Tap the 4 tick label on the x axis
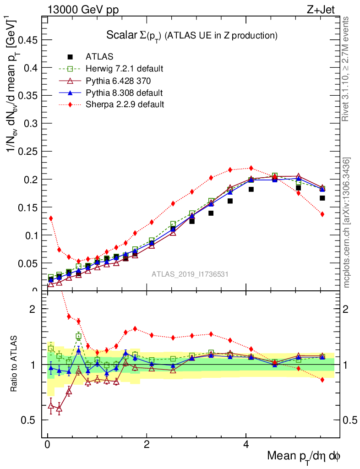(245, 445)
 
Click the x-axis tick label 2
(147, 445)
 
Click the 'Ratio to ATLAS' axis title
(15, 364)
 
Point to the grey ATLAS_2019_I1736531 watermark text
(190, 274)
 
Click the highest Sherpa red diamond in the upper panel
(251, 168)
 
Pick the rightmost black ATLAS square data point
(322, 198)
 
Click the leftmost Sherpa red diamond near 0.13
(51, 218)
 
